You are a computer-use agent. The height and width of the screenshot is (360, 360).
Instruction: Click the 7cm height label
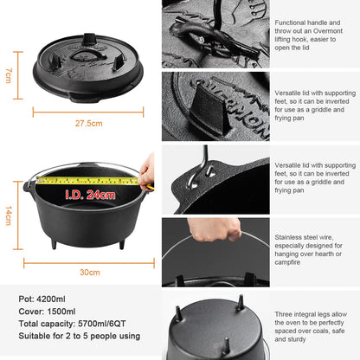pos(8,76)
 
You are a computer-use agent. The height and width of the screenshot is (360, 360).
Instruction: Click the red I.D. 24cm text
pos(87,195)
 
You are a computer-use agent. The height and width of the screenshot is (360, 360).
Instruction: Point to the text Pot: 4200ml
pos(44,299)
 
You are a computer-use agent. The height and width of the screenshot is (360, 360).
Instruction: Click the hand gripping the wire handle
pos(214,228)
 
